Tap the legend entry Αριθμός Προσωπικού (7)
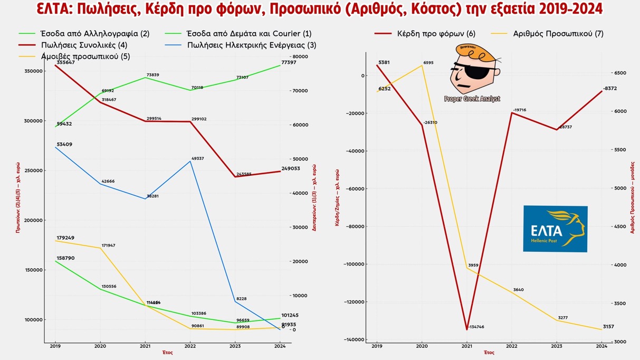[x=558, y=33]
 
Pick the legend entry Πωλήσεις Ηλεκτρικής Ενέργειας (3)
[x=252, y=45]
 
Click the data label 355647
[x=65, y=62]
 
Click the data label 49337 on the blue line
[x=198, y=159]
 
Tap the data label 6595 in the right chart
[x=428, y=63]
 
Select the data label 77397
[x=288, y=62]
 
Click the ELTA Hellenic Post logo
[x=555, y=229]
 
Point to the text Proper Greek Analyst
[x=472, y=99]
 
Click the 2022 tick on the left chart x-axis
[x=190, y=346]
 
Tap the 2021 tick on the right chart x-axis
[x=466, y=346]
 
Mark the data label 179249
[x=65, y=238]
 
